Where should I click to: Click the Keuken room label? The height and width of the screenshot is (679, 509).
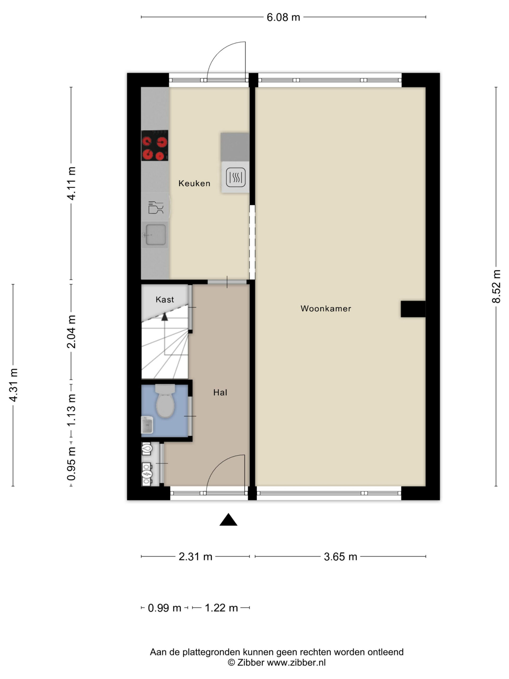[194, 183]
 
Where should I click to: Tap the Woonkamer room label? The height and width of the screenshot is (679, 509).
[326, 308]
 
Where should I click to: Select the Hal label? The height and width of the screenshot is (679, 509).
[220, 392]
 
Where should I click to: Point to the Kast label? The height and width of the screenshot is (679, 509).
[165, 300]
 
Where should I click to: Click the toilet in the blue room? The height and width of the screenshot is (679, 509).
[165, 401]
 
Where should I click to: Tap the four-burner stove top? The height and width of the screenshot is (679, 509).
[155, 146]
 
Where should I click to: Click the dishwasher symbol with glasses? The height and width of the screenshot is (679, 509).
[156, 207]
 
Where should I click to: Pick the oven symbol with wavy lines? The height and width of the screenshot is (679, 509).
[236, 177]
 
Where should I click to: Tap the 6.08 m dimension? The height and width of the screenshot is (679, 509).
[283, 18]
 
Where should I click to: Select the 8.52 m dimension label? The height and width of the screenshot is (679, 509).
[496, 286]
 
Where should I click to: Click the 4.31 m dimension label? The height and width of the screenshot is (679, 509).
[13, 385]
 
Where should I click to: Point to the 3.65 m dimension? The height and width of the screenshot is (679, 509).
[341, 556]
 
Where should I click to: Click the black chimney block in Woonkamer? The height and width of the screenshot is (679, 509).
[413, 309]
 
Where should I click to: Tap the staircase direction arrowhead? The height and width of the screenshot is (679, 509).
[165, 316]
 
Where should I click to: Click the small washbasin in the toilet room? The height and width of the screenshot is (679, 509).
[147, 425]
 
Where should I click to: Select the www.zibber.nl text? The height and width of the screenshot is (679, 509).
[296, 663]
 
